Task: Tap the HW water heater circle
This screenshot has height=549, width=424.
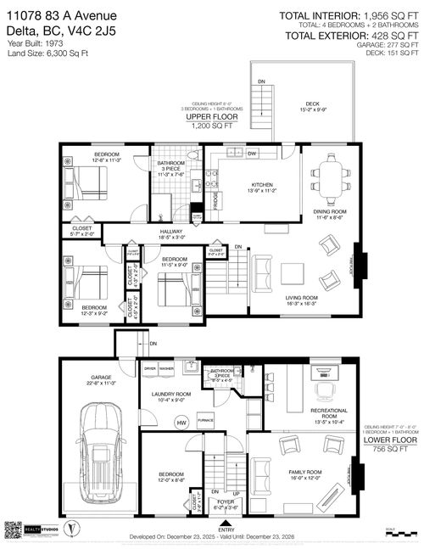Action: click(x=180, y=422)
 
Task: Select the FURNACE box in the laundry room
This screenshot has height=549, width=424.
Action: click(x=205, y=420)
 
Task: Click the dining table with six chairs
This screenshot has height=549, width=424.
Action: click(x=329, y=180)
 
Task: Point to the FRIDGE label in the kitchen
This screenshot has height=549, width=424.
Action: click(x=217, y=202)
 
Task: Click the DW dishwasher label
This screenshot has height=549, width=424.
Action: click(x=252, y=154)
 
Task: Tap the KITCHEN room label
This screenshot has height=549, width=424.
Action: click(x=259, y=188)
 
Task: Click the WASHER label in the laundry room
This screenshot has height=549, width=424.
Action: click(x=166, y=369)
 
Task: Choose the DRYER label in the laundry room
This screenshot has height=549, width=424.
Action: click(x=150, y=369)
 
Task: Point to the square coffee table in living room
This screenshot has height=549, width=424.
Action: click(x=293, y=273)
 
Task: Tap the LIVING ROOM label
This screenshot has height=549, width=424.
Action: click(x=300, y=298)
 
